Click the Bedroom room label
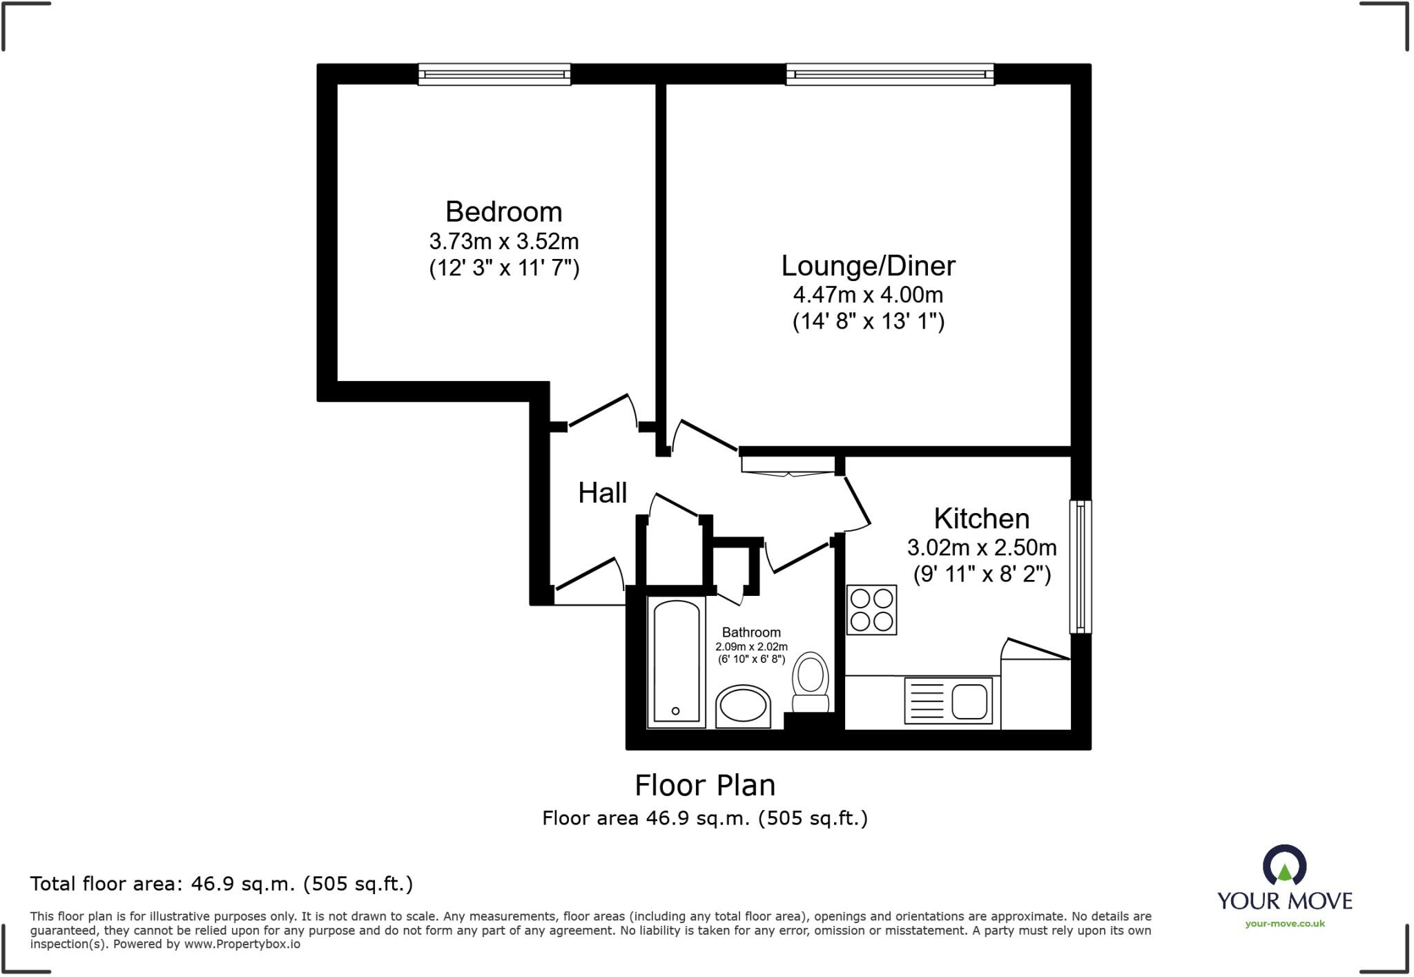[x=503, y=212]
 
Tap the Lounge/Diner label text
[x=868, y=266]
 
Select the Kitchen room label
[x=981, y=519]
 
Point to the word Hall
[x=602, y=493]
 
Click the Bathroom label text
[x=751, y=632]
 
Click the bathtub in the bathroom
[x=676, y=663]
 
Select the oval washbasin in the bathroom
[x=743, y=706]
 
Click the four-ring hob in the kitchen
[x=871, y=610]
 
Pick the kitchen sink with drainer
[x=949, y=701]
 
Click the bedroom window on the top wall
[x=494, y=74]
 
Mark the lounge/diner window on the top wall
[x=890, y=74]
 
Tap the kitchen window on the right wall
[x=1081, y=567]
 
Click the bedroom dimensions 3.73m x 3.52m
[x=503, y=242]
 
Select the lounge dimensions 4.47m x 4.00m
[x=868, y=296]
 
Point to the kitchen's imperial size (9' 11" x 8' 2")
[x=981, y=574]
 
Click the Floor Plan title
[x=705, y=786]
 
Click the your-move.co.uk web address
[x=1284, y=924]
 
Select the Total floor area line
[x=221, y=884]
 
